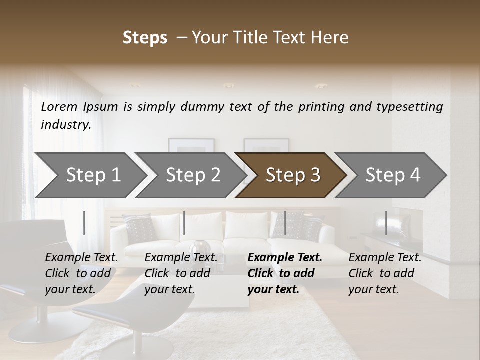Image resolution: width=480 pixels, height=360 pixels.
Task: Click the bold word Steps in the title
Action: click(145, 38)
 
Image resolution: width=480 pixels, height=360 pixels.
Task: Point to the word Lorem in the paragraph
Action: click(59, 107)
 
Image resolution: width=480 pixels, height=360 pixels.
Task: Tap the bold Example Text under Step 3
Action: click(285, 258)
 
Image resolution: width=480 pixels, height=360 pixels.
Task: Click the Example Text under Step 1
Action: click(82, 258)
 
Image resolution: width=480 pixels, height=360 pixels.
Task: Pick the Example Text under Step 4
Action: click(385, 258)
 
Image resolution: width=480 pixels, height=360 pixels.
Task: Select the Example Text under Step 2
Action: click(181, 258)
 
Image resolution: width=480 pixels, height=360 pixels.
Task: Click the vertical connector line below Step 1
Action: click(84, 223)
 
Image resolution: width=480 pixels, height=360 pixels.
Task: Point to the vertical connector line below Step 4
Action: click(386, 223)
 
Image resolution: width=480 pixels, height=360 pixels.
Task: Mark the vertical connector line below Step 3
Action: click(285, 223)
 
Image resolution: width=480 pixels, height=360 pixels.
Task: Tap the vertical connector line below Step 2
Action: click(184, 223)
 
